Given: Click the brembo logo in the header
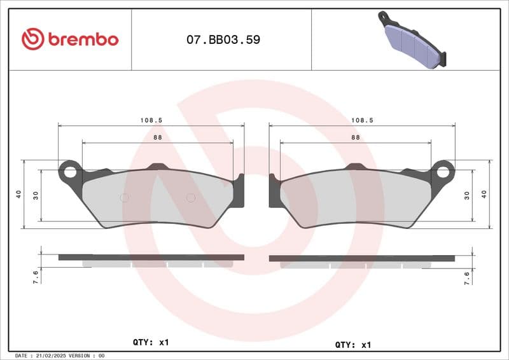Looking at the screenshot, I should click(x=70, y=39).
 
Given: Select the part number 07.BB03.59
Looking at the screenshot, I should click(x=223, y=39).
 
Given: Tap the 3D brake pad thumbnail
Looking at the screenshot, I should click(x=412, y=39).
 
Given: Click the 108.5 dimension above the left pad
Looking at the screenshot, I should click(x=150, y=120).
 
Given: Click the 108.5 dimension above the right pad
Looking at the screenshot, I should click(x=362, y=120).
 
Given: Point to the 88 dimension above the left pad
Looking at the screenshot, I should click(x=157, y=137).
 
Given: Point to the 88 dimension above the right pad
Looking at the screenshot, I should click(x=355, y=137).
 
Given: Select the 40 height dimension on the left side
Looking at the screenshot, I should click(x=19, y=194).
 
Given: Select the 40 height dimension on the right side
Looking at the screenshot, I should click(x=484, y=194).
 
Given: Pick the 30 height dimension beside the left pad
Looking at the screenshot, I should click(x=36, y=195).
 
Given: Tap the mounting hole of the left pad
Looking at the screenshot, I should click(x=70, y=171).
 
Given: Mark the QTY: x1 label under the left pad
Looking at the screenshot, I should click(x=151, y=342).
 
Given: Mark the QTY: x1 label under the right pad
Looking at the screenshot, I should click(x=352, y=344).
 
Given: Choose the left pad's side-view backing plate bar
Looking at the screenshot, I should click(x=151, y=257).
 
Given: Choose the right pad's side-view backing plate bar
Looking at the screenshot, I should click(x=361, y=258).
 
